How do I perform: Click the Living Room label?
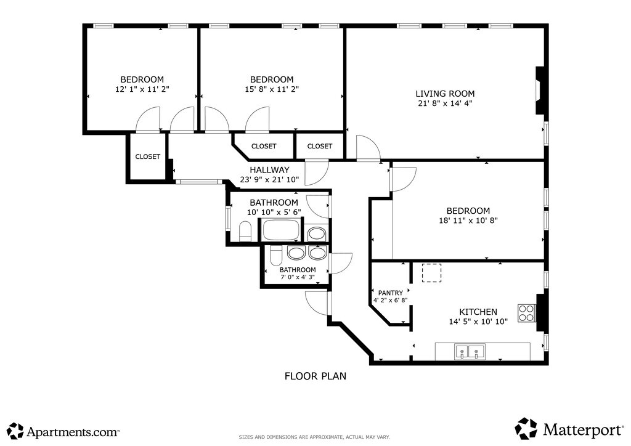click(445, 94)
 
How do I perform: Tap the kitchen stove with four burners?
click(526, 313)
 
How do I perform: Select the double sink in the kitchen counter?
click(470, 352)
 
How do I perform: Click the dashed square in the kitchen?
click(431, 273)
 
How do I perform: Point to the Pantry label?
click(390, 293)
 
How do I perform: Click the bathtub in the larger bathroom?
click(281, 230)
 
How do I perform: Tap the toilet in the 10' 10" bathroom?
click(245, 232)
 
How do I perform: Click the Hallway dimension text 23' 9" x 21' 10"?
click(269, 180)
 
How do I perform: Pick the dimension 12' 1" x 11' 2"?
click(142, 89)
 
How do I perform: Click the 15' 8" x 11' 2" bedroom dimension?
click(272, 89)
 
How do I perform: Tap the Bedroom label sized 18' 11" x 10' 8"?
click(468, 211)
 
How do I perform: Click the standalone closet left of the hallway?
click(148, 156)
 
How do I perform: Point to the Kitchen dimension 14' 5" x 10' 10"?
click(478, 322)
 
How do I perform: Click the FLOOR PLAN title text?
click(315, 376)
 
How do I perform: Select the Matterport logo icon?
click(526, 429)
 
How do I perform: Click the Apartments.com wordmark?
click(73, 432)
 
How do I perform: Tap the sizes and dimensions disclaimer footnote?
click(314, 437)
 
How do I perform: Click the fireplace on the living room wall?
click(540, 91)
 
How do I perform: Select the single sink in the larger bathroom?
click(317, 233)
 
